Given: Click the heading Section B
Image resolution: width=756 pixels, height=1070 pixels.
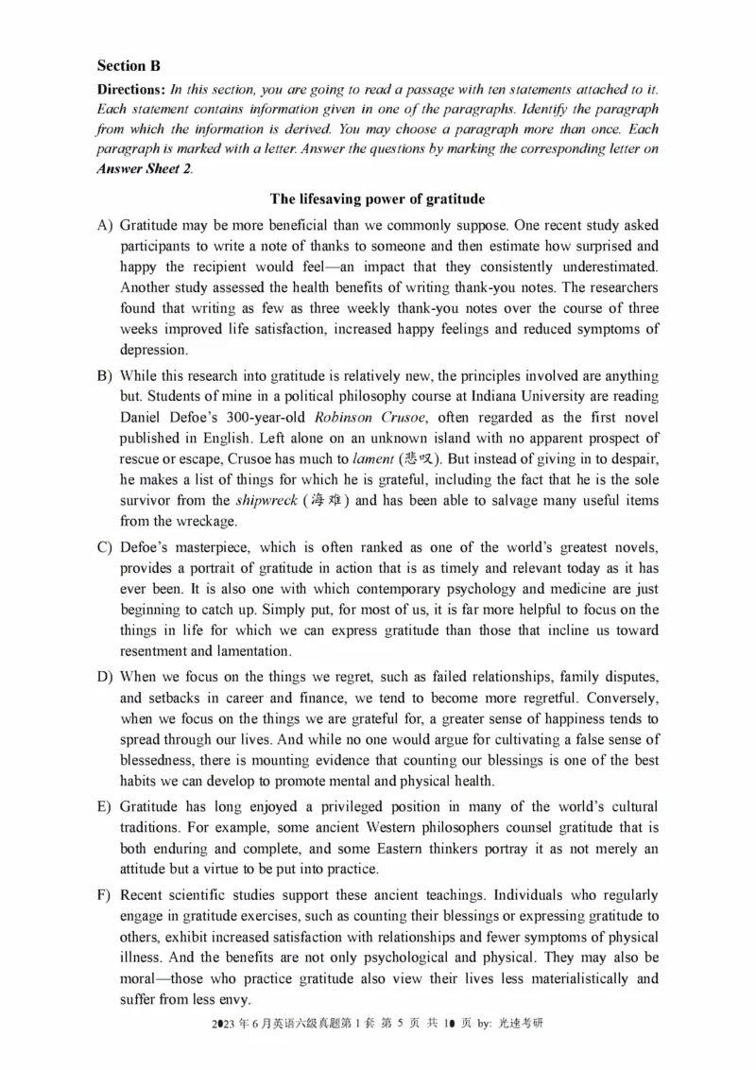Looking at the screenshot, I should tap(129, 66).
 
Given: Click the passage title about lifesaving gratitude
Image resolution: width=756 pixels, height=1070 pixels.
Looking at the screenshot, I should tap(377, 199).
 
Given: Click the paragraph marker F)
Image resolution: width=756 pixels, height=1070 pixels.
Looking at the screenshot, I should tap(105, 895).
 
